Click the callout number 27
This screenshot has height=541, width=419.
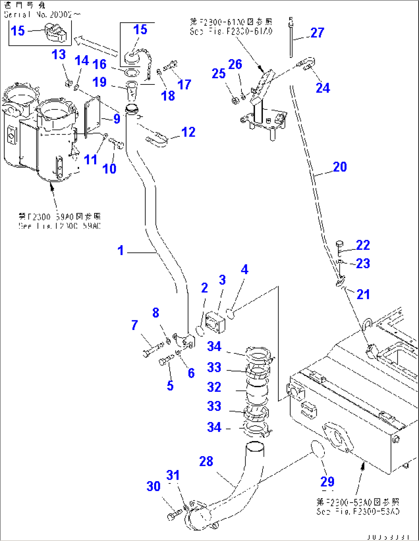317,33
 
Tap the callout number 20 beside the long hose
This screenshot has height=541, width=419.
340,167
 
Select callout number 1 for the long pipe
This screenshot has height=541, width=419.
121,251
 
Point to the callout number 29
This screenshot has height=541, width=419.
327,482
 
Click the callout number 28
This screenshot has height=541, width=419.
206,462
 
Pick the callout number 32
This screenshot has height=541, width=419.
214,387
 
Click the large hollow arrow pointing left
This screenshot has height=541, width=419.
96,45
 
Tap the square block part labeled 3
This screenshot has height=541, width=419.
215,323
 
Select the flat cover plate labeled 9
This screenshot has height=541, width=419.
92,115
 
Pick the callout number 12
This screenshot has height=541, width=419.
188,132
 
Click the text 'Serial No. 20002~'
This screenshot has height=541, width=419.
42,15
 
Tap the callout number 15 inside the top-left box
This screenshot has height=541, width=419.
18,31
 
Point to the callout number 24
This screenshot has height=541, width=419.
323,88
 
